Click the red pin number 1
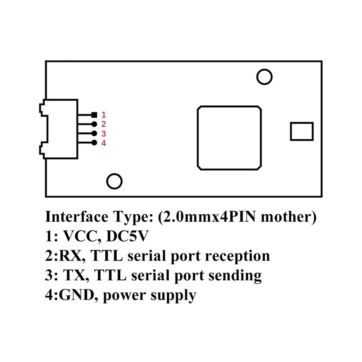point(103,114)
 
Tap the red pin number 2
point(103,124)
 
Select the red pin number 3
point(103,134)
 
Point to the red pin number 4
point(103,143)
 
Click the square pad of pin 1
point(94,115)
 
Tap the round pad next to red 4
point(94,143)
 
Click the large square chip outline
point(197,138)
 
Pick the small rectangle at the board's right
point(290,131)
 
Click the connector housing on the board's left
point(78,129)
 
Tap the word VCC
point(80,236)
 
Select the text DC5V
point(127,236)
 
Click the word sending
point(235,276)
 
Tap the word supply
point(173,296)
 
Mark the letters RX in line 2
point(70,256)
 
